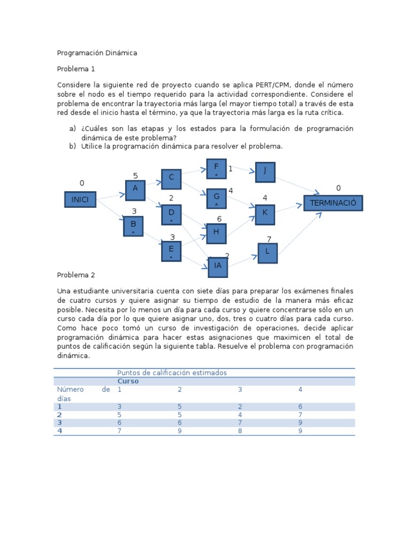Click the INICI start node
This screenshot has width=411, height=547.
click(80, 200)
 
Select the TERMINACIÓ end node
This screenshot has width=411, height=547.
click(333, 204)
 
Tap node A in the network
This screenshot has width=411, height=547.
click(135, 189)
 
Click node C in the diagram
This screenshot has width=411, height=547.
click(171, 178)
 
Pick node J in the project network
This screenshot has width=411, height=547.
click(265, 171)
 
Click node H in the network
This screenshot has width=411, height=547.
click(216, 232)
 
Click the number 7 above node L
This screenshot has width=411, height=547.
click(269, 239)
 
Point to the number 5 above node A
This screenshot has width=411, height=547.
click(135, 176)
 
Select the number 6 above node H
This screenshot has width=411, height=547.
click(219, 219)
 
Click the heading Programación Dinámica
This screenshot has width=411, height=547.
click(97, 53)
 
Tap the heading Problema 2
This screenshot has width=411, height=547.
click(75, 275)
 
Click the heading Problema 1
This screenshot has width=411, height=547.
click(75, 69)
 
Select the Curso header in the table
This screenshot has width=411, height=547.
click(128, 381)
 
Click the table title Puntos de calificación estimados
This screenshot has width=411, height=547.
click(172, 372)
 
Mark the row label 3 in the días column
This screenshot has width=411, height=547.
click(59, 423)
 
